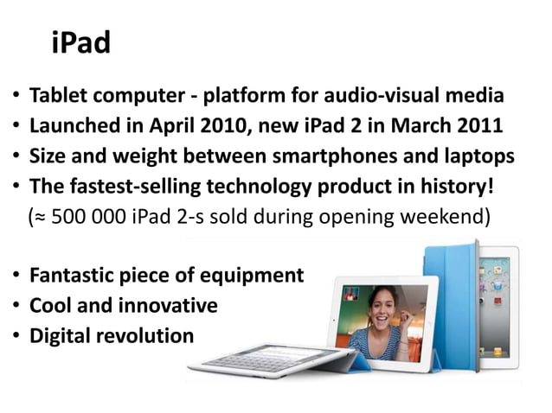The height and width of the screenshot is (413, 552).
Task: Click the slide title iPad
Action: pos(80,42)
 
